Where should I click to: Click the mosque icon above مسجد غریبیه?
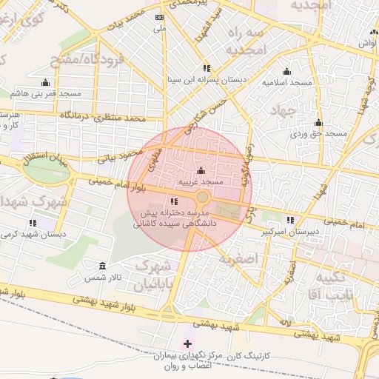[201, 172]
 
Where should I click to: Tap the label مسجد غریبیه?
[201, 181]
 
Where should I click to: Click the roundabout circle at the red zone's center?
[202, 197]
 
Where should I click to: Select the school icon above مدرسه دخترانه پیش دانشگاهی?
[174, 201]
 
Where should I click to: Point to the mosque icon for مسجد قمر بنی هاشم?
[45, 83]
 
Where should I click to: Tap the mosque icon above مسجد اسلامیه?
[287, 72]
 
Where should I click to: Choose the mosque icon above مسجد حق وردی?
[318, 123]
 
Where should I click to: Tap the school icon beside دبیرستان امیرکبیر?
[291, 220]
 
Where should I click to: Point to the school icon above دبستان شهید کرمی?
[33, 223]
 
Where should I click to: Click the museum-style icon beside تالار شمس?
[101, 266]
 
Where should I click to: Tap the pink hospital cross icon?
[187, 343]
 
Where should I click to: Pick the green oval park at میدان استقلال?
[46, 170]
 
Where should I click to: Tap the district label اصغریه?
[236, 260]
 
